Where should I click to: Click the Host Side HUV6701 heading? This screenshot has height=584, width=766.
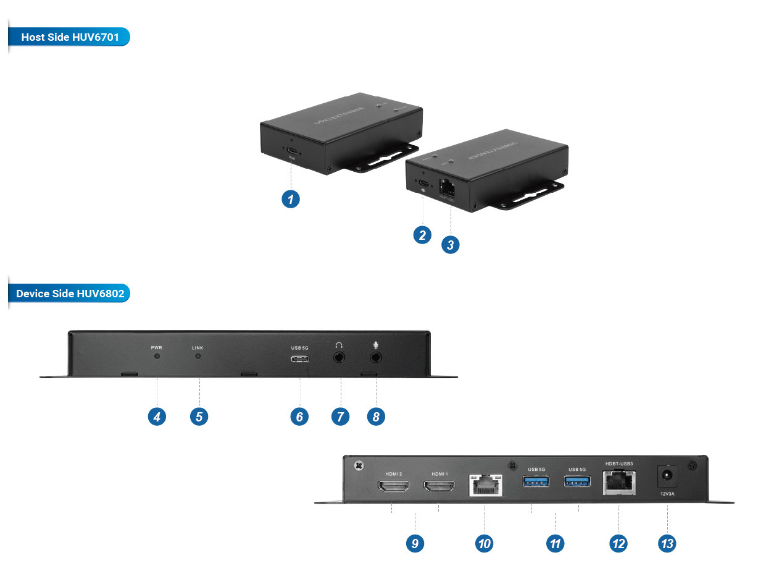click(70, 37)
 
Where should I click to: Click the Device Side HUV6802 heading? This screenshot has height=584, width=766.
click(70, 294)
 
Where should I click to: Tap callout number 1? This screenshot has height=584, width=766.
click(290, 199)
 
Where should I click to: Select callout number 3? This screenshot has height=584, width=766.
click(451, 245)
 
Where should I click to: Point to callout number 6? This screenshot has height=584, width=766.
click(299, 417)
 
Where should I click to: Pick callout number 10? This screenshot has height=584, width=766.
click(485, 543)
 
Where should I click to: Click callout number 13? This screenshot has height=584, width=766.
click(667, 543)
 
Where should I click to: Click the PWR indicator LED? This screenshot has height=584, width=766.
click(157, 357)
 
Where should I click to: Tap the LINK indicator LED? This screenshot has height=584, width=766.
click(198, 357)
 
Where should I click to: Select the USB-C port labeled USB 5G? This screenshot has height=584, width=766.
click(300, 360)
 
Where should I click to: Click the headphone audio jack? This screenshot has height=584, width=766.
click(339, 357)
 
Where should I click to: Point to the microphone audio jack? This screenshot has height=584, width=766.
click(376, 357)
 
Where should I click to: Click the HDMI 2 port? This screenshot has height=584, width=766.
click(393, 488)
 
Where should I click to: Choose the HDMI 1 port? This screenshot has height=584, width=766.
click(439, 488)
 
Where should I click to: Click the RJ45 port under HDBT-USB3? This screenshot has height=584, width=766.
click(619, 483)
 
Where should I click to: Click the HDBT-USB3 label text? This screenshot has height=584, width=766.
click(619, 463)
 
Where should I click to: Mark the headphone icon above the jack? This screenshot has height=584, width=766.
click(339, 345)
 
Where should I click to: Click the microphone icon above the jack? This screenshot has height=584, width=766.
click(376, 345)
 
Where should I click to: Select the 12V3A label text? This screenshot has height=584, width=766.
click(667, 494)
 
